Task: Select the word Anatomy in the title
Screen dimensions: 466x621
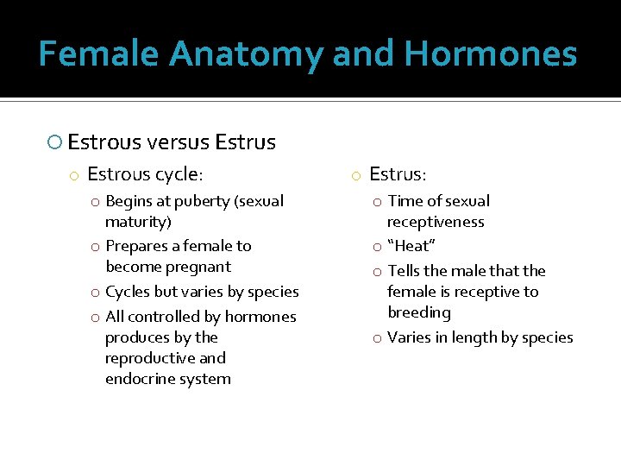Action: (x=247, y=54)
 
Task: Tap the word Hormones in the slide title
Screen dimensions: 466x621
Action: (x=490, y=54)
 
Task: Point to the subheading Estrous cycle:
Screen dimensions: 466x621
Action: (x=145, y=174)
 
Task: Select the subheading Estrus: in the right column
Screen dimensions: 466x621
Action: (x=397, y=174)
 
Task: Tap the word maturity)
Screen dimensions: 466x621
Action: (x=139, y=222)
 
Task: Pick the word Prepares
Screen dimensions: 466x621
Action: (x=136, y=246)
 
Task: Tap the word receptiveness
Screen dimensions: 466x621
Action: (x=436, y=222)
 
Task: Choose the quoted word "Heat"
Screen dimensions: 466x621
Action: (x=411, y=246)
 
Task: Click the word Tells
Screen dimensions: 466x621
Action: (x=405, y=271)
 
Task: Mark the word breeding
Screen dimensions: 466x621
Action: (x=419, y=312)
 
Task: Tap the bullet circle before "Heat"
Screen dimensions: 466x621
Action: (x=377, y=247)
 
